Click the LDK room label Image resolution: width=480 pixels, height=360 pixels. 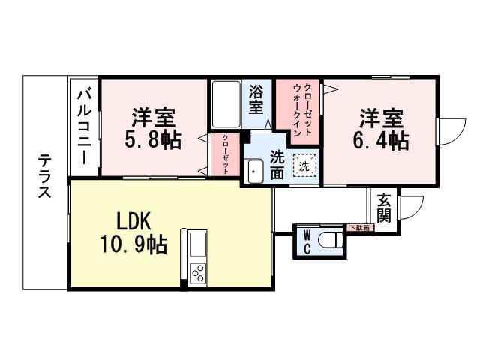(x=135, y=221)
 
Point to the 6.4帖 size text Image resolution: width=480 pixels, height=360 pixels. (x=381, y=139)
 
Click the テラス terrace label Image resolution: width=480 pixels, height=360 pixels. (x=45, y=177)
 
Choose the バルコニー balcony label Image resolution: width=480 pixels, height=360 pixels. (x=85, y=125)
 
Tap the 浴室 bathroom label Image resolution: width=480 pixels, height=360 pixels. (x=256, y=99)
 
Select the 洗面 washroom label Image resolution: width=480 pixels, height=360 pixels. (x=277, y=164)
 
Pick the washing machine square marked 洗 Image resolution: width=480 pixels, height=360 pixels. (x=304, y=166)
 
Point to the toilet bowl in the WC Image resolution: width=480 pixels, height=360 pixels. (x=329, y=239)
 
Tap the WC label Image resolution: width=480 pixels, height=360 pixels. (x=307, y=241)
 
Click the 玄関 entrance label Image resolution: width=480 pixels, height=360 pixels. (x=383, y=208)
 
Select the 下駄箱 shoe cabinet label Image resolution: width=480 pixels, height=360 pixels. (x=359, y=227)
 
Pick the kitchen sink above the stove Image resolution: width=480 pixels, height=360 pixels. (x=198, y=244)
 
